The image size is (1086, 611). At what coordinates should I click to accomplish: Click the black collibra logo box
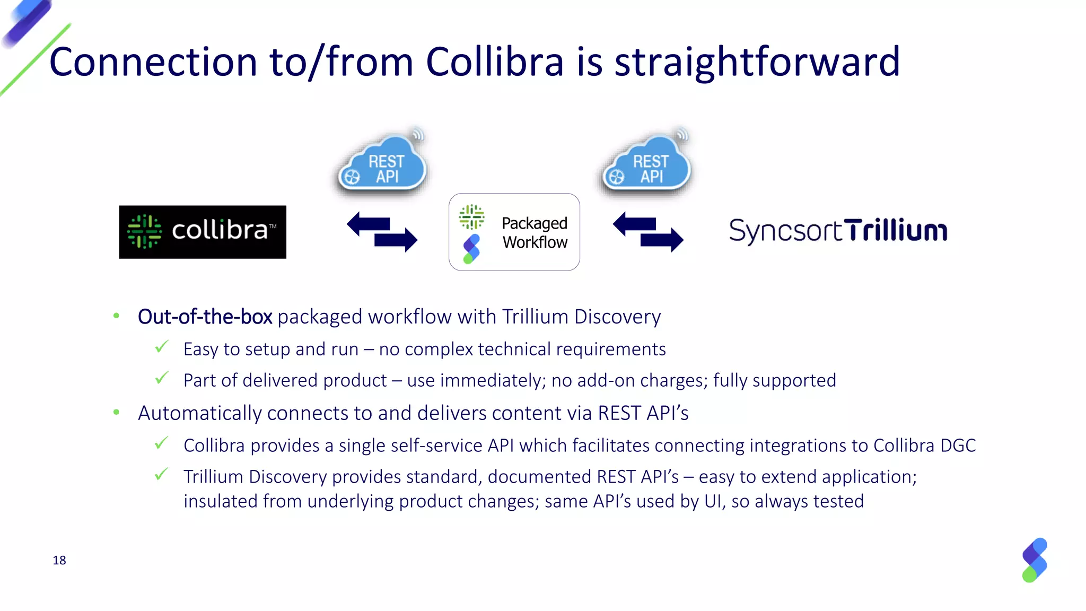[203, 232]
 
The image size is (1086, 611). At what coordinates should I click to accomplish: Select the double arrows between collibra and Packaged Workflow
[382, 232]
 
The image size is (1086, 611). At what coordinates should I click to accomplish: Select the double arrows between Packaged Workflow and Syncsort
[648, 232]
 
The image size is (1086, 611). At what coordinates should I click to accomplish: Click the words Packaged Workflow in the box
[535, 232]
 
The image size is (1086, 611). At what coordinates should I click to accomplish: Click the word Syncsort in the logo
[785, 231]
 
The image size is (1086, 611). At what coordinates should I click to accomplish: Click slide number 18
[59, 560]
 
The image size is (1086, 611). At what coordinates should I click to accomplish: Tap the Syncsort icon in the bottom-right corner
[1035, 560]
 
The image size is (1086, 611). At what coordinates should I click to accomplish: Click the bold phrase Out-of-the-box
[205, 317]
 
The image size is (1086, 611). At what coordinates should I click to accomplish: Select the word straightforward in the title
[757, 62]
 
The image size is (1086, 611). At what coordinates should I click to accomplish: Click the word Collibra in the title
[494, 62]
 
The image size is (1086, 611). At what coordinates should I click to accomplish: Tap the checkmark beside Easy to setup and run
[162, 347]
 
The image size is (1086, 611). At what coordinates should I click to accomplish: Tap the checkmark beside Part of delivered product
[162, 378]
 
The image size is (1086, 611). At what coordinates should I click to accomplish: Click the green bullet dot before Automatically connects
[117, 413]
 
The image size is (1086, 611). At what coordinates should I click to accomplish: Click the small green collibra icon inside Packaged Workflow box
[471, 216]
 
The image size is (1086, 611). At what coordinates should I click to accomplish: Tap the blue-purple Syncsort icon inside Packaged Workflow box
[471, 249]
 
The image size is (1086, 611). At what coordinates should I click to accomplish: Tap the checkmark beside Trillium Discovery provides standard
[162, 474]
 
